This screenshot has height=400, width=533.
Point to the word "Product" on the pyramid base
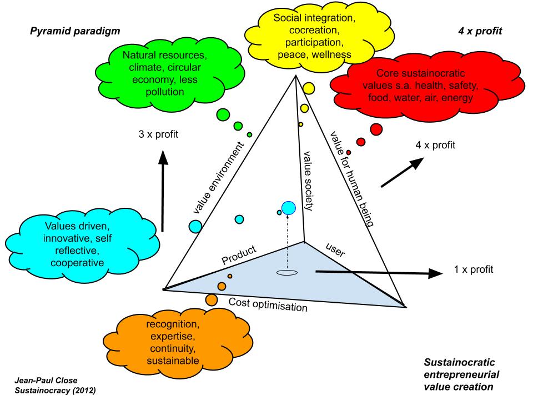click(239, 254)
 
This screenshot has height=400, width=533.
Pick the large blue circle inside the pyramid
click(288, 209)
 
